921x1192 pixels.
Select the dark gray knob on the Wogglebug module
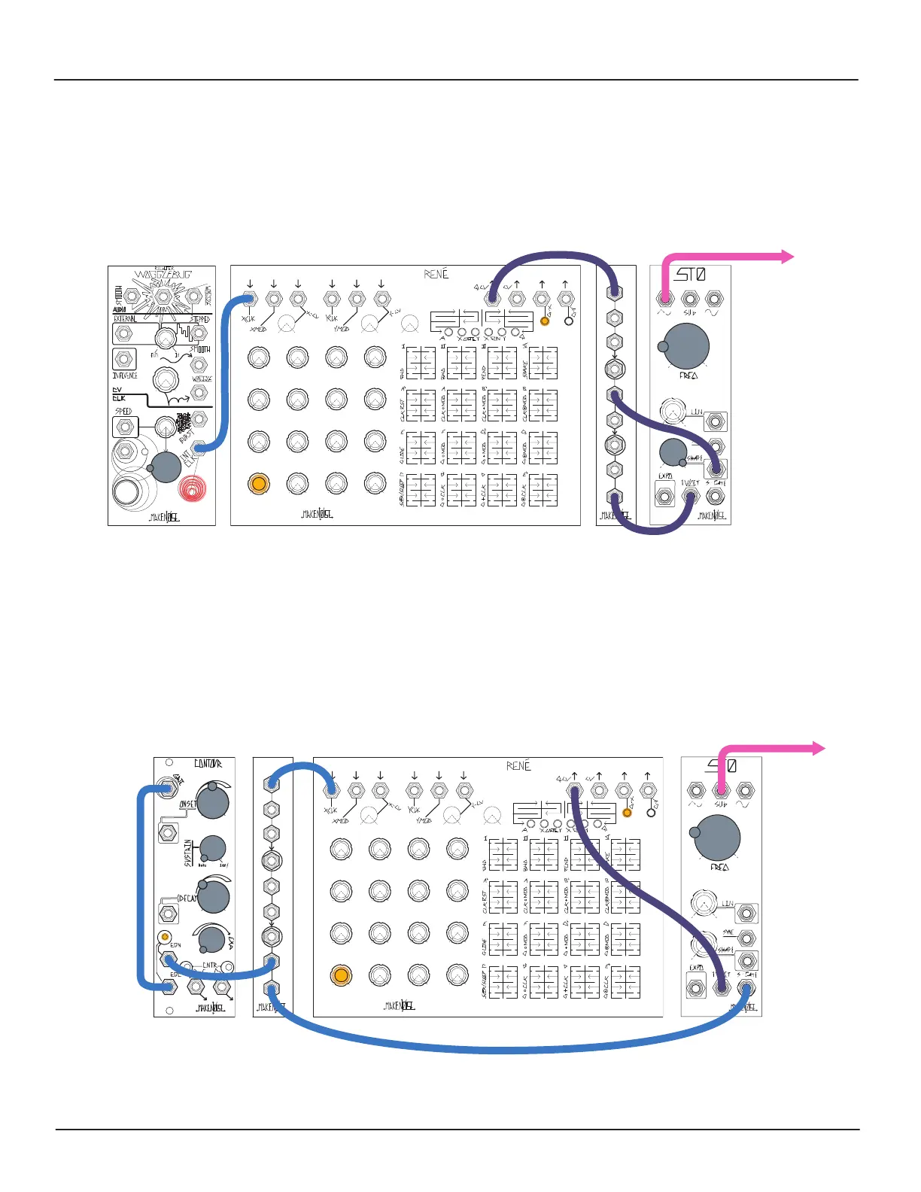point(165,467)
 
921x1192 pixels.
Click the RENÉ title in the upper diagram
point(436,274)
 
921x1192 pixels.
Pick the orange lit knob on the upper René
point(258,483)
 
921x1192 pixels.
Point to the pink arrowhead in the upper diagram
point(788,257)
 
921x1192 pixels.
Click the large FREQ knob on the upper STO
point(686,345)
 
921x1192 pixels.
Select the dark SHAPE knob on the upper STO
point(672,452)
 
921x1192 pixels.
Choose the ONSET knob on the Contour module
point(212,802)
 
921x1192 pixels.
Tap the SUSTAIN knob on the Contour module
point(213,848)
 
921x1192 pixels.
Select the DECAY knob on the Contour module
point(213,896)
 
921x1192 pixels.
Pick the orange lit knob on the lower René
point(340,976)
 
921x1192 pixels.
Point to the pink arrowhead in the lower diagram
point(819,748)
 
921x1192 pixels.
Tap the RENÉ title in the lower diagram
point(518,766)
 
